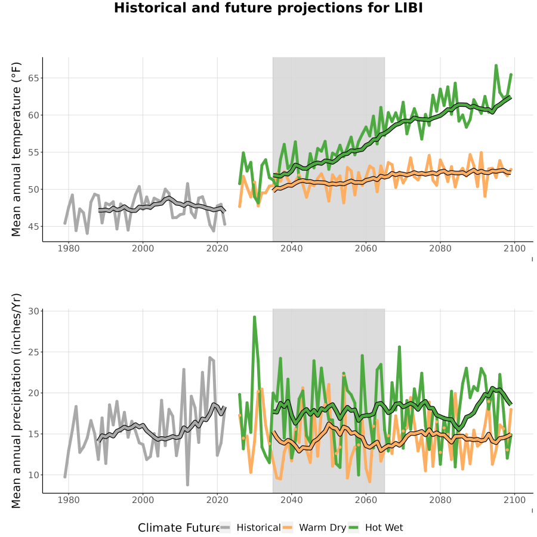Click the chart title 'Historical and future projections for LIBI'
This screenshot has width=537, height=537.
268,8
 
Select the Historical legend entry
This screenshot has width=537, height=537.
250,527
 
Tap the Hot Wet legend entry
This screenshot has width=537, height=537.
376,527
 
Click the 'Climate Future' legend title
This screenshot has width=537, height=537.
179,527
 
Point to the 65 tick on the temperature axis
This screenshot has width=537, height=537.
33,78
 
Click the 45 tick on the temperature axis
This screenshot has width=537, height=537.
33,226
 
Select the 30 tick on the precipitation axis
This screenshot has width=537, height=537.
33,311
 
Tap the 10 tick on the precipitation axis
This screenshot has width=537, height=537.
33,475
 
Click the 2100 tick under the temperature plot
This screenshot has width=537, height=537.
514,248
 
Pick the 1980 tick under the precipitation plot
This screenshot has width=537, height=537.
69,500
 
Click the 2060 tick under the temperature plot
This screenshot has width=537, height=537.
366,248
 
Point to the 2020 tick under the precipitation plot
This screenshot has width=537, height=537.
217,500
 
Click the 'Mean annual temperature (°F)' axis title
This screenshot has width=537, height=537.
16,149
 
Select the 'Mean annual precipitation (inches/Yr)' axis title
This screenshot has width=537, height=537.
16,401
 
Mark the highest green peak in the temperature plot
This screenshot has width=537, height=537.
496,65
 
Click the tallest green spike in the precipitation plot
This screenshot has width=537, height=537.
254,317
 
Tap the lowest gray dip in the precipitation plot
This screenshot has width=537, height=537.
188,485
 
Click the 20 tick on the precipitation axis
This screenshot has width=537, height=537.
33,393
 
